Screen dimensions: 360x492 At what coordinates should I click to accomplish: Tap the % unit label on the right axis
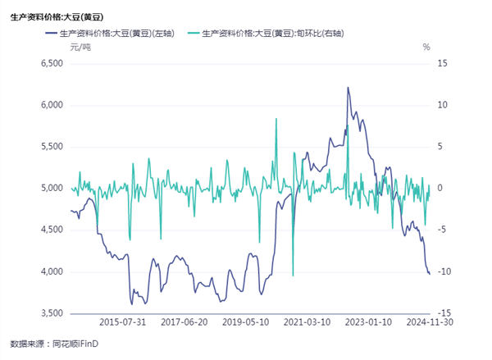pyautogui.click(x=426, y=48)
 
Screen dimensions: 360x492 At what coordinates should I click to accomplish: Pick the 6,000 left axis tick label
pyautogui.click(x=52, y=105)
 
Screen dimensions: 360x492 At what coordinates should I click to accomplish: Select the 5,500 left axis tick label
pyautogui.click(x=52, y=147)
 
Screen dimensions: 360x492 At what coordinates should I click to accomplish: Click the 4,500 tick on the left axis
pyautogui.click(x=52, y=230)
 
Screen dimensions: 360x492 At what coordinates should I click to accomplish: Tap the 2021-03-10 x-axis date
pyautogui.click(x=307, y=323)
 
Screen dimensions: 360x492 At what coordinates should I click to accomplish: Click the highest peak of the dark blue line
pyautogui.click(x=348, y=87)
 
